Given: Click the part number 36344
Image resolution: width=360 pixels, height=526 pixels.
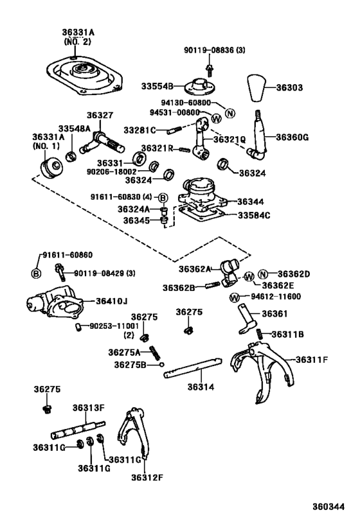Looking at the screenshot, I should click(252, 201).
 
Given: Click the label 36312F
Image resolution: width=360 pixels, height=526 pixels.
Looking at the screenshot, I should click(147, 477).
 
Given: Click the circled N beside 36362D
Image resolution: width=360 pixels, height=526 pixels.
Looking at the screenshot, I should click(264, 274).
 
